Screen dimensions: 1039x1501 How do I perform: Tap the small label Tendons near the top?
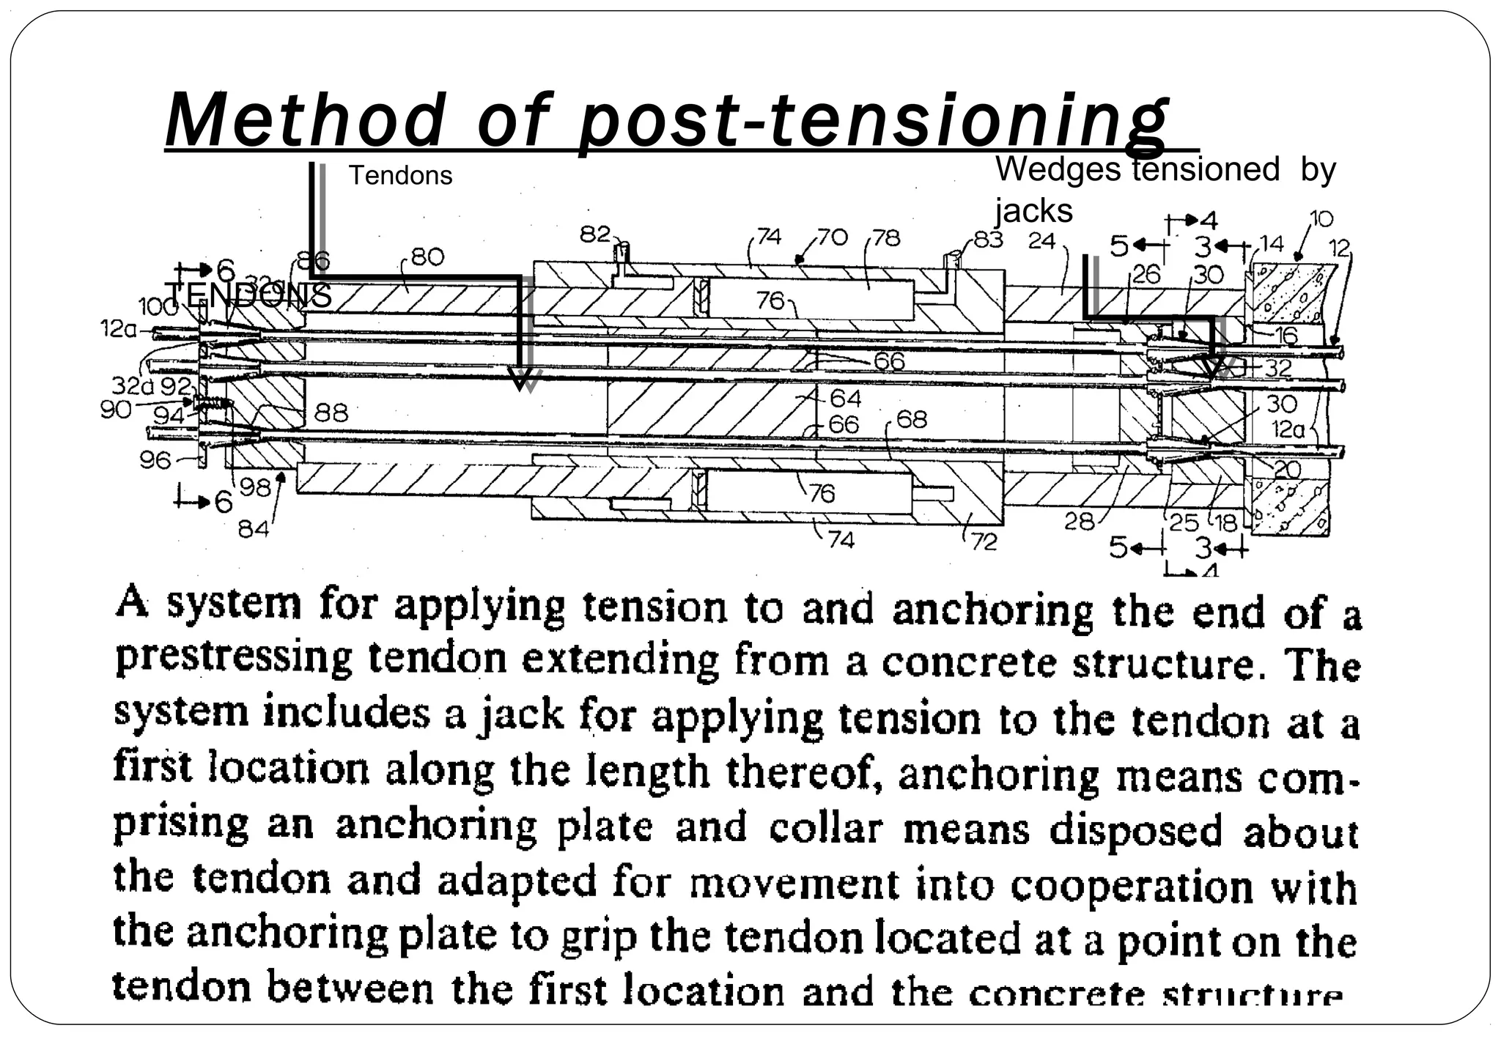(400, 176)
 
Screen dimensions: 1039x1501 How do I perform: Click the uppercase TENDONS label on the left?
(248, 296)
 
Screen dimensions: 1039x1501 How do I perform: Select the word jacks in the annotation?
(1033, 212)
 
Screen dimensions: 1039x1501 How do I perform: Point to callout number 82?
(595, 234)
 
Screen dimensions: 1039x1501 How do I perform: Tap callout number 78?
(887, 237)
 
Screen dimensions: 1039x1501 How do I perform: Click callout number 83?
(988, 239)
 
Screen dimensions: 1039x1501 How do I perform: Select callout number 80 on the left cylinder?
(427, 256)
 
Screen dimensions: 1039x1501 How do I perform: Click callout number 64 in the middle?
(845, 398)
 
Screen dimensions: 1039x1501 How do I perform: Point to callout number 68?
(911, 419)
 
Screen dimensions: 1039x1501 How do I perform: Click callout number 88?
(331, 413)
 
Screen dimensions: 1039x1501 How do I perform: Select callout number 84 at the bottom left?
(254, 528)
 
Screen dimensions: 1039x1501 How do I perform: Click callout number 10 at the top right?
(1321, 218)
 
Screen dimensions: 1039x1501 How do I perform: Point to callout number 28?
(1079, 522)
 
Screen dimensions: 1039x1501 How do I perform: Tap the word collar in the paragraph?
(826, 828)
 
